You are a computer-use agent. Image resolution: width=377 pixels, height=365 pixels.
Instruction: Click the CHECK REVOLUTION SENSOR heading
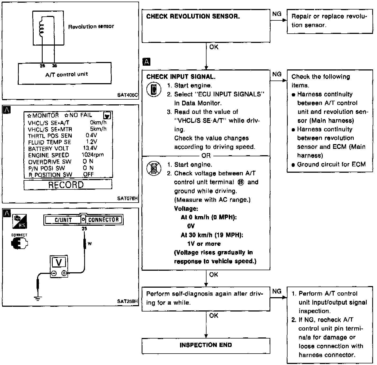pos(193,16)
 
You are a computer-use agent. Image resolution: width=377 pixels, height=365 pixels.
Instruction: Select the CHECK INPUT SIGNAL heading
pos(181,77)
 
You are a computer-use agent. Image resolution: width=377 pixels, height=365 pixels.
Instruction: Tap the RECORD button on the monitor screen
pos(66,185)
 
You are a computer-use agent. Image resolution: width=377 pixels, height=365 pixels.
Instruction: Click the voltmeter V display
pos(59,262)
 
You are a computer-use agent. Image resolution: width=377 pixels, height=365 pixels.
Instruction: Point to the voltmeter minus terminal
pos(54,273)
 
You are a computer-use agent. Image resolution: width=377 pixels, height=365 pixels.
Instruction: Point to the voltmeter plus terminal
pos(64,273)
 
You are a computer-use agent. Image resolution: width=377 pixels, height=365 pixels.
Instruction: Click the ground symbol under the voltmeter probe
pos(38,299)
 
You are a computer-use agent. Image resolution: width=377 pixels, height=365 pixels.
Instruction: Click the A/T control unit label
pos(66,74)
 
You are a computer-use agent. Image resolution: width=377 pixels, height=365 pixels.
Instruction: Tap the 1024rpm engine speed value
pos(93,155)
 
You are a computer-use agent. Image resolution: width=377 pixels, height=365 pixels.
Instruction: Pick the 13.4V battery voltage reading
pos(90,148)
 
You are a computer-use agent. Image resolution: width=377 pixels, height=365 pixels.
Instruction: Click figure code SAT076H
pos(128,198)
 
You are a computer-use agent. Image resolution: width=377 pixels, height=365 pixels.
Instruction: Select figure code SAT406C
pos(128,95)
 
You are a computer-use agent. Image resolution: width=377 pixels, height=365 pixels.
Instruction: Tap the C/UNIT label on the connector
pos(63,220)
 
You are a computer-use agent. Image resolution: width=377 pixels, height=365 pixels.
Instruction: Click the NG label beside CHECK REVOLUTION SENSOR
pos(277,14)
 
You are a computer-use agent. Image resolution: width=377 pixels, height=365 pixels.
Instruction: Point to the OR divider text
pos(206,155)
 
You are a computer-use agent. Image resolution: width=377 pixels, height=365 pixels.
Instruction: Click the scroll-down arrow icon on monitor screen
pos(107,116)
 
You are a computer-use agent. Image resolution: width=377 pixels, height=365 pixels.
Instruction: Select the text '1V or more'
pos(204,244)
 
